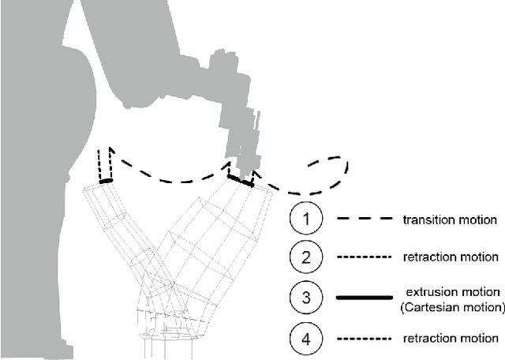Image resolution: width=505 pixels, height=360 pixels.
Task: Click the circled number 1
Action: coord(306,219)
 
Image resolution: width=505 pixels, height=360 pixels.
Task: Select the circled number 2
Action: coord(306,257)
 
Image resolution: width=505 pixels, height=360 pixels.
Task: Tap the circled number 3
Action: coord(306,298)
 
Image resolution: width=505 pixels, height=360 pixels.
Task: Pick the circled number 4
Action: coord(306,337)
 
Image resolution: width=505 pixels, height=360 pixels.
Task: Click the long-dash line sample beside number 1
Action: coord(364,219)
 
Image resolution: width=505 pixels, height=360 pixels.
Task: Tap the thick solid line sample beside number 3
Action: coord(364,298)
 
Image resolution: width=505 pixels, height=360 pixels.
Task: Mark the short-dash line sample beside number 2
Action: coord(364,258)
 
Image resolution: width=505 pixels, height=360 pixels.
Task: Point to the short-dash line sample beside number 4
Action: coord(364,338)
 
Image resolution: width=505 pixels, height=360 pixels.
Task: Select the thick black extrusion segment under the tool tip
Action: coord(241,181)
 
